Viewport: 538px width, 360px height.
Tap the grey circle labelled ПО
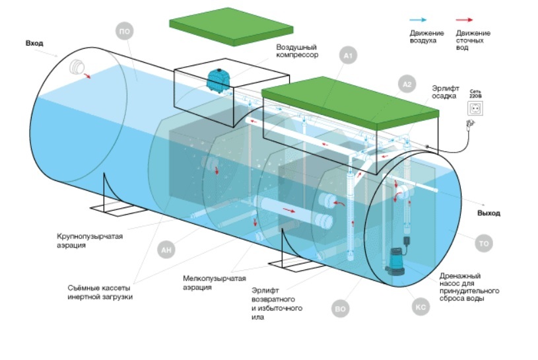pos(124,30)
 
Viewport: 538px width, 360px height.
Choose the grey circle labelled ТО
pos(483,244)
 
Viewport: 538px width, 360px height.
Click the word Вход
pos(34,43)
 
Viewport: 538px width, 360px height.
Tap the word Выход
pos(488,213)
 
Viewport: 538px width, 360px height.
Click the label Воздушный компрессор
pos(297,52)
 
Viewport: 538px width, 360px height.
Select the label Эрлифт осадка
pos(446,91)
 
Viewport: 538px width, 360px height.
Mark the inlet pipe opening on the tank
pos(77,67)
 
